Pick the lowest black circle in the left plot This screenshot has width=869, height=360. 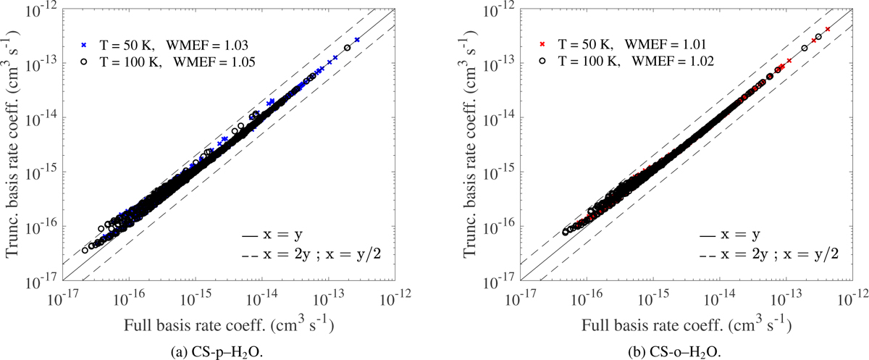tap(85, 250)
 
